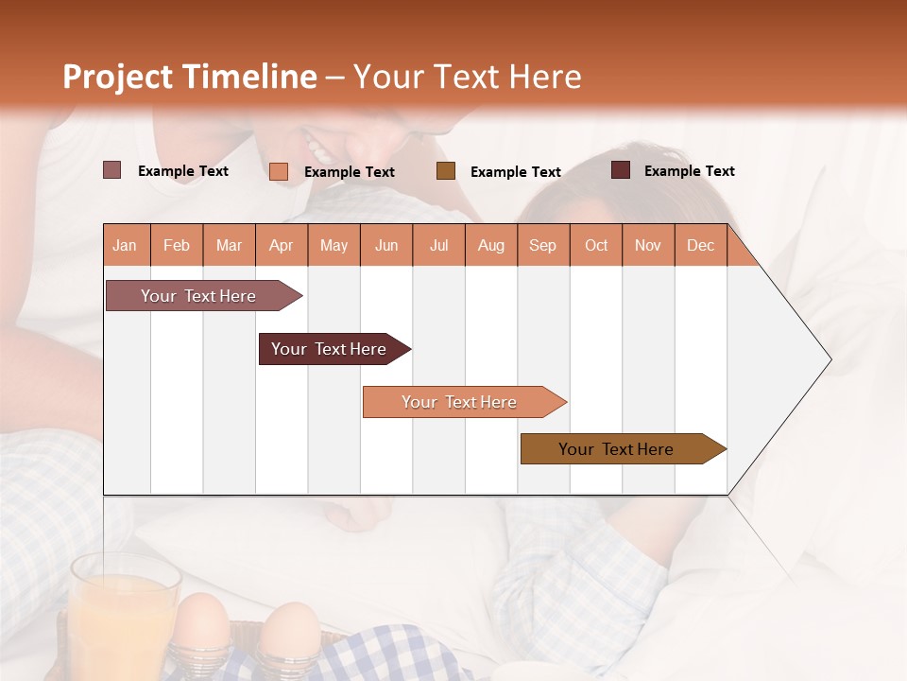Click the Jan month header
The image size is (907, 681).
point(125,245)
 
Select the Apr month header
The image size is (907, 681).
point(282,245)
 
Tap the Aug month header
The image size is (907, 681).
point(490,245)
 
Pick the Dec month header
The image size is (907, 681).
point(700,245)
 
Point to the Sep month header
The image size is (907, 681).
point(542,245)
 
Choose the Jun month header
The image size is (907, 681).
point(386,245)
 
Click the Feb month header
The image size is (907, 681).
point(177,245)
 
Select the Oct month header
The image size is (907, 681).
point(596,245)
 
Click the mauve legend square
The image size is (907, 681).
point(112,170)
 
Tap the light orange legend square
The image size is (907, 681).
point(279,171)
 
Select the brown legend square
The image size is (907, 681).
point(446,170)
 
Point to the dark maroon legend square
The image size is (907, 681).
point(621,170)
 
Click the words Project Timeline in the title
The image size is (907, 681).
point(189,77)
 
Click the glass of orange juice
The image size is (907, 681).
point(124,615)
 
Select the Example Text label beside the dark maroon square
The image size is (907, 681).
point(689,171)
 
